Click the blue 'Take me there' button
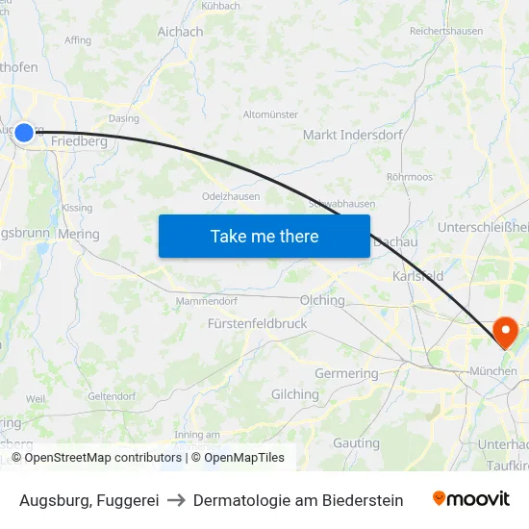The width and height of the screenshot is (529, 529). pyautogui.click(x=264, y=236)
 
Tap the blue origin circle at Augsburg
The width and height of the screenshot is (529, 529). pyautogui.click(x=24, y=133)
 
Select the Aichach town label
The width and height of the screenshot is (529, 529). pyautogui.click(x=180, y=32)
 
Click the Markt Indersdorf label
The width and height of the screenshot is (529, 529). pyautogui.click(x=352, y=135)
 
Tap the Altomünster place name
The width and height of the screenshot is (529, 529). pyautogui.click(x=272, y=114)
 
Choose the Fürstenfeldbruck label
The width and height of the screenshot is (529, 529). pyautogui.click(x=258, y=324)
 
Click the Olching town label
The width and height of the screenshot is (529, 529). pyautogui.click(x=322, y=300)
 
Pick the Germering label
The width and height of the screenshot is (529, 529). pyautogui.click(x=346, y=373)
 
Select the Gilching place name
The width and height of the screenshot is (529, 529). pyautogui.click(x=295, y=394)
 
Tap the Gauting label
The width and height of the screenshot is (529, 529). pyautogui.click(x=357, y=443)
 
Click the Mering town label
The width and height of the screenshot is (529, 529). pyautogui.click(x=79, y=234)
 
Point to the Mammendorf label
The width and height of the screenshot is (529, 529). pyautogui.click(x=207, y=301)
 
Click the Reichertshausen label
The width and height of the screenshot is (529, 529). pyautogui.click(x=445, y=32)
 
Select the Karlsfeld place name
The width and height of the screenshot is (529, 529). pyautogui.click(x=418, y=276)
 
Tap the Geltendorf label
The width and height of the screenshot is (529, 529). pyautogui.click(x=112, y=395)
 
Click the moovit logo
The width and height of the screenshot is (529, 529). pyautogui.click(x=471, y=499)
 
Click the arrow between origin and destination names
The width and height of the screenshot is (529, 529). pyautogui.click(x=176, y=500)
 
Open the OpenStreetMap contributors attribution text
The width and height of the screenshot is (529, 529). pyautogui.click(x=99, y=458)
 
